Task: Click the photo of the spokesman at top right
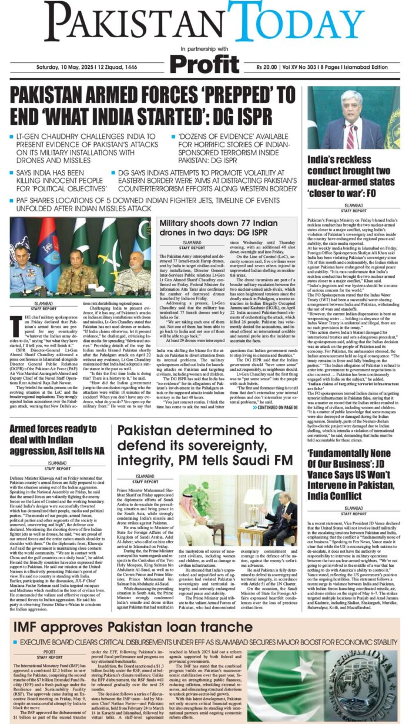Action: pos(353,119)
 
